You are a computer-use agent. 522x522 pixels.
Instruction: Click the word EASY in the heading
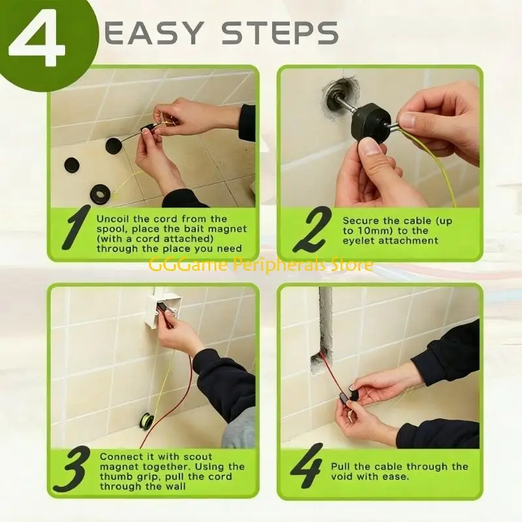[x=154, y=33]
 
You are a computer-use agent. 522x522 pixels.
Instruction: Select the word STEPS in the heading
[x=280, y=33]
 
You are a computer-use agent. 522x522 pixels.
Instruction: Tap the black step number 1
[x=76, y=227]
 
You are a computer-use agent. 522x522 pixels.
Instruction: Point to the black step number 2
[x=313, y=230]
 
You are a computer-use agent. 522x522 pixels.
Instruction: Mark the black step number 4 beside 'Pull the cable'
[x=307, y=465]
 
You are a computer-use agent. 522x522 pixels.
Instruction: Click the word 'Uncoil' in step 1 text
[x=112, y=219]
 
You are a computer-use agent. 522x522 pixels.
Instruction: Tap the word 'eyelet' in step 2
[x=358, y=241]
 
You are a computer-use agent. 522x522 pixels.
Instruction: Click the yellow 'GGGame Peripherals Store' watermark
[x=260, y=266]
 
